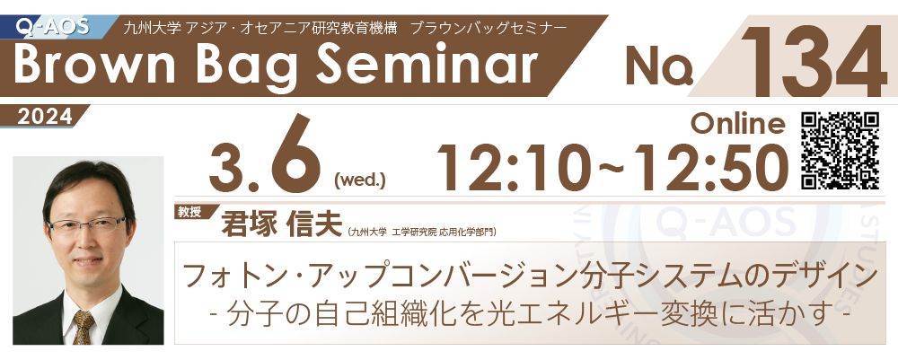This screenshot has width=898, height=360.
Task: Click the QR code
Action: tap(841, 151)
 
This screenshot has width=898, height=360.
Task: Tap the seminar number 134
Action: tap(814, 60)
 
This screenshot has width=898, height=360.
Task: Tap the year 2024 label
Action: tap(45, 117)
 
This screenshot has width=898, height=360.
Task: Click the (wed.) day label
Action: tap(359, 182)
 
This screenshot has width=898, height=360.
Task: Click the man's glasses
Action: tap(86, 225)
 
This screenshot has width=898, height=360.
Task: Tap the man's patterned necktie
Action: tap(83, 327)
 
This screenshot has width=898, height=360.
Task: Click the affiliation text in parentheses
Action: tap(422, 232)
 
